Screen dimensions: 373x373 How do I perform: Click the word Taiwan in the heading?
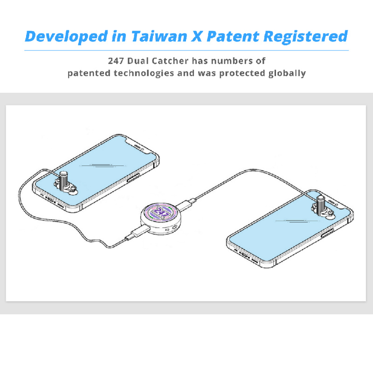pos(159,36)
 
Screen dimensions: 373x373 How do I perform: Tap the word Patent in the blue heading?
pos(233,36)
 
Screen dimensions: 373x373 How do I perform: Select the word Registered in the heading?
pos(306,37)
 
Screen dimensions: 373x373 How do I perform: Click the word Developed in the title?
pos(66,37)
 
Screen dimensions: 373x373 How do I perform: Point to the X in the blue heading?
pos(197,36)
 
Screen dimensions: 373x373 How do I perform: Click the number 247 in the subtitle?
pos(116,61)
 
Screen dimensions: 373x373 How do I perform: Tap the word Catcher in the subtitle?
pos(170,61)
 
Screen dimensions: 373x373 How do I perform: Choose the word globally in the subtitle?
pos(287,74)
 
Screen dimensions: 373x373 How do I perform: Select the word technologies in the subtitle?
pos(144,74)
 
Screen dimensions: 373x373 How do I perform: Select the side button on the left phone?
pos(133,178)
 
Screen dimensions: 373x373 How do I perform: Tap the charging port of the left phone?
pos(50,199)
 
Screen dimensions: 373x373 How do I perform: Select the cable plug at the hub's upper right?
pos(186,204)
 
